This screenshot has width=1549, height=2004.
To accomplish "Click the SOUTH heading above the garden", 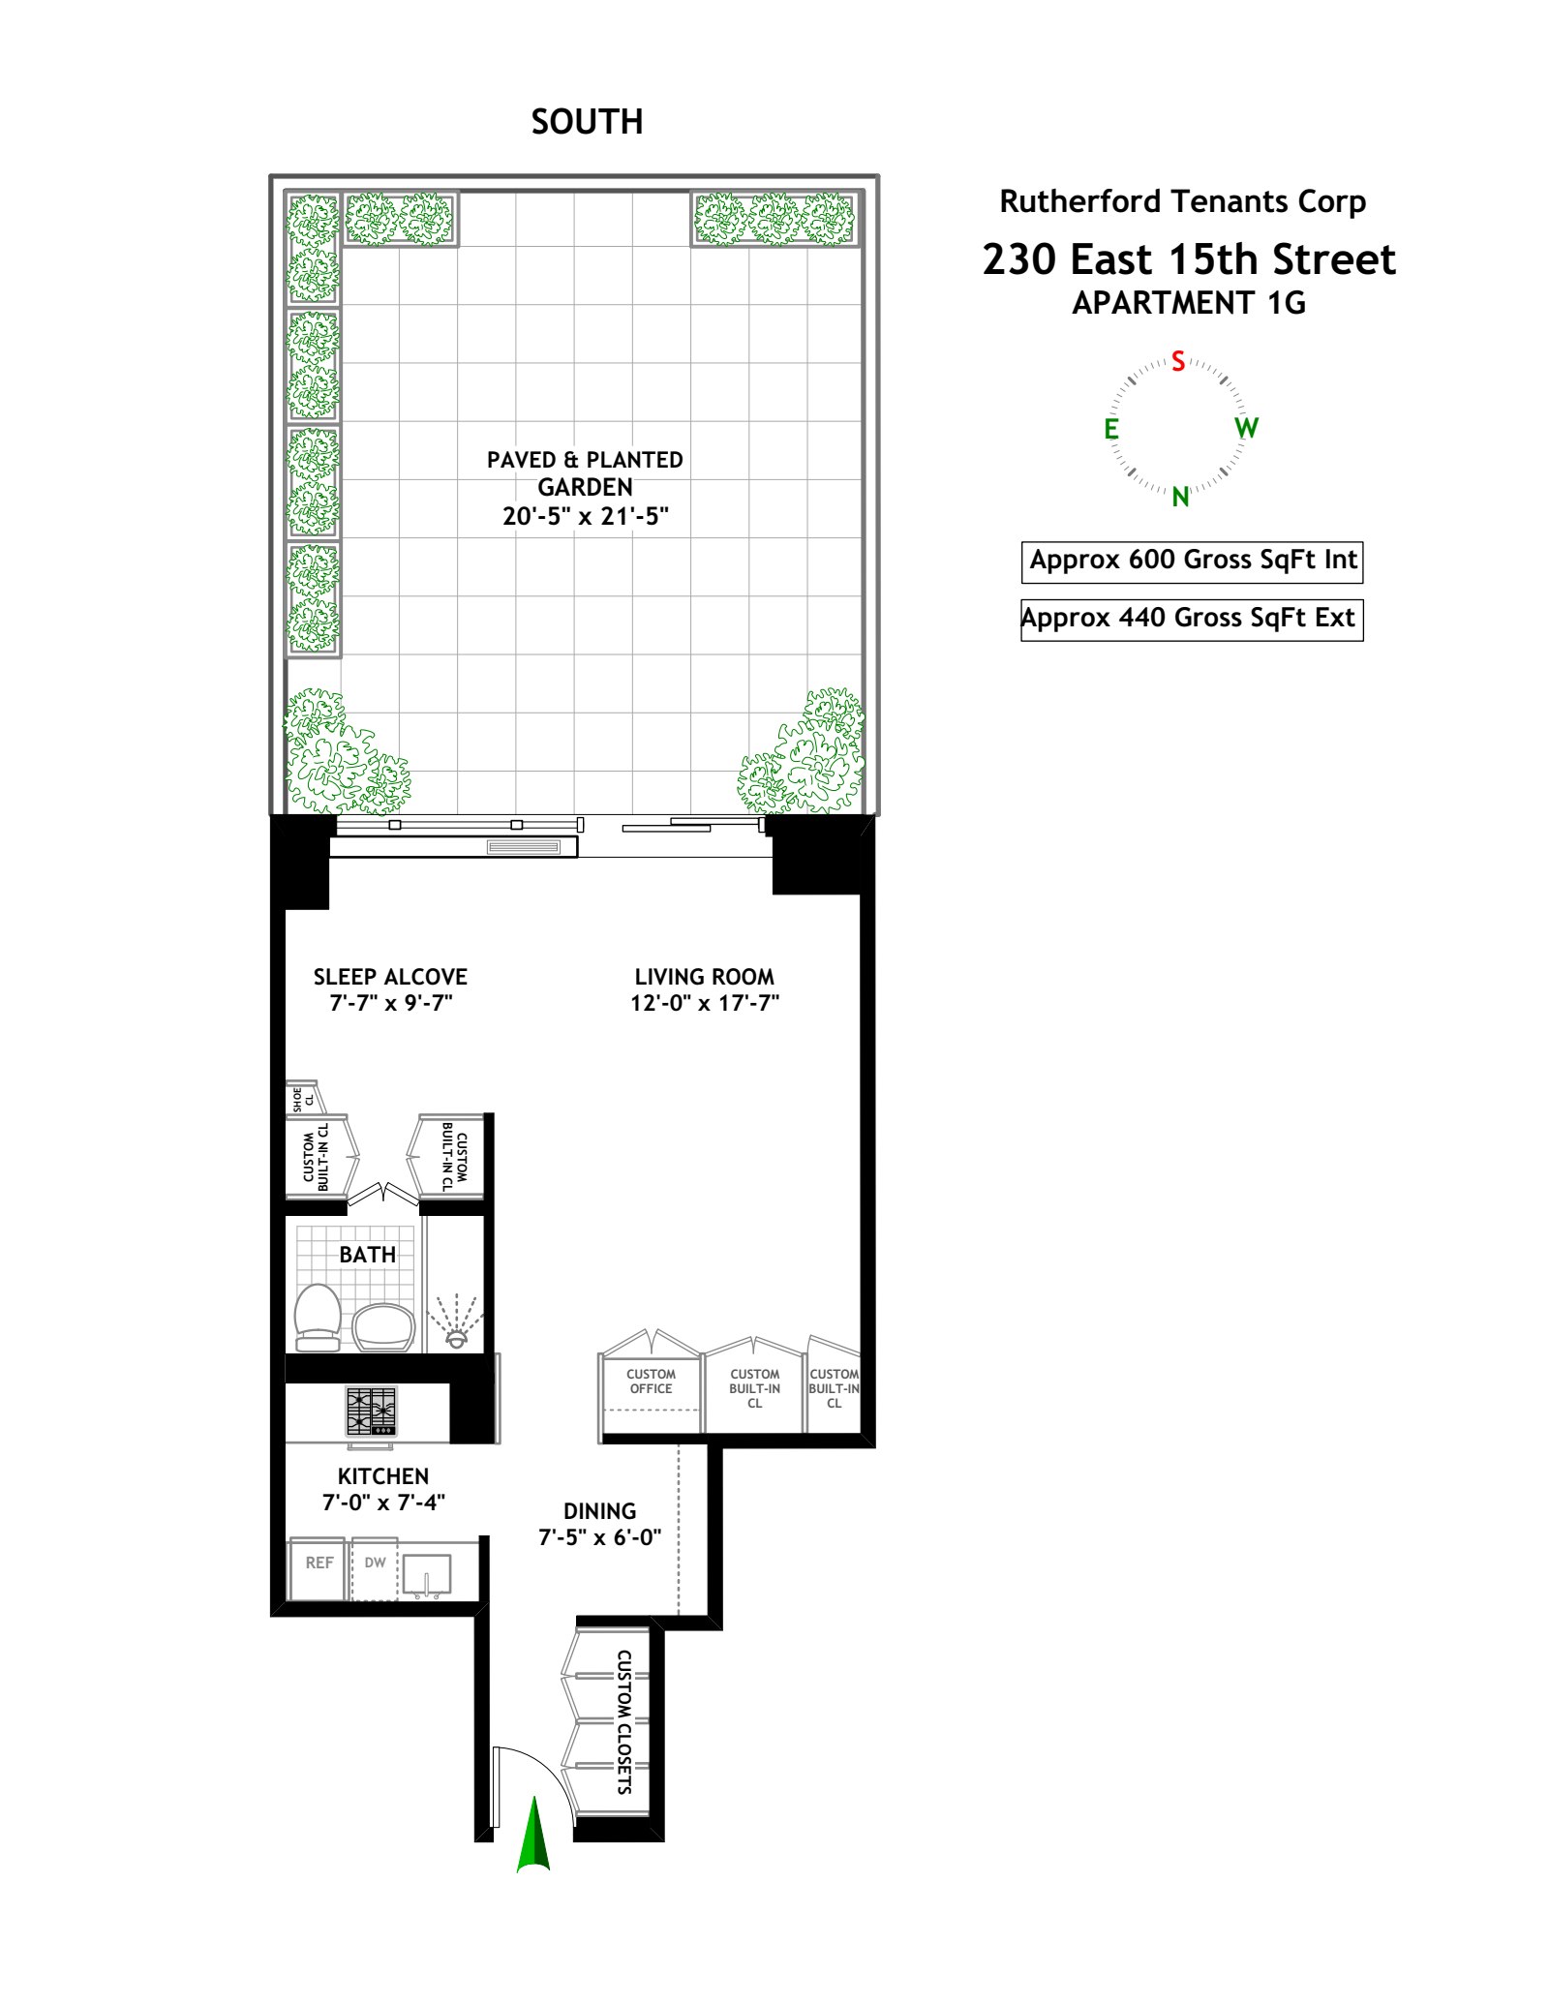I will (x=587, y=122).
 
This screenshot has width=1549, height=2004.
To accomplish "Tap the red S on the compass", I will (x=1178, y=361).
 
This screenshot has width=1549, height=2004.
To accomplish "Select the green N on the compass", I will (x=1180, y=497).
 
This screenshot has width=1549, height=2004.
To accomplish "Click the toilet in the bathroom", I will (x=318, y=1315).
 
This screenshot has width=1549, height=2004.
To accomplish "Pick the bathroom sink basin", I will (x=383, y=1326).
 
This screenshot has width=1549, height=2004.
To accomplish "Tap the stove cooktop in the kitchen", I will (x=372, y=1411).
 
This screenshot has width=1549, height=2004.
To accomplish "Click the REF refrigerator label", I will (x=319, y=1563).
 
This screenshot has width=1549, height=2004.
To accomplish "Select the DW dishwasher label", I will (x=376, y=1563).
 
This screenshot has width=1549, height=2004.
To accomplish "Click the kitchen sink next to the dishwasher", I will (x=427, y=1575).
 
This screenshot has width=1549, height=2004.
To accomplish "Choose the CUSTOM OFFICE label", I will (x=651, y=1382).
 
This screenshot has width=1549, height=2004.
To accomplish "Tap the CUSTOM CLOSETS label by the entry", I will (x=624, y=1722).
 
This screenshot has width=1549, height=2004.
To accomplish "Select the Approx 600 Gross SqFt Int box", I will (x=1192, y=561).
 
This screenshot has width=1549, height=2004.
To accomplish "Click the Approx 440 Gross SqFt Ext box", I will (x=1192, y=619).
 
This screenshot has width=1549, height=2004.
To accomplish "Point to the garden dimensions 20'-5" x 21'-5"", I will (x=586, y=516).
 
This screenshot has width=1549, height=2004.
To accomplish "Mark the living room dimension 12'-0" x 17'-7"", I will (x=705, y=1003).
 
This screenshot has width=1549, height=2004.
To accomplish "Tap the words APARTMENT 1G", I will (x=1189, y=304).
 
